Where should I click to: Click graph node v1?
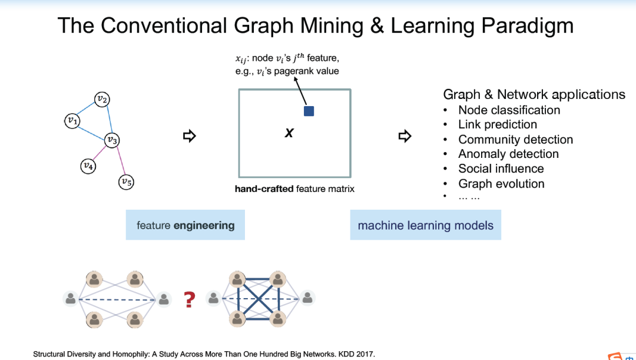[72, 120]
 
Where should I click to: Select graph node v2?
[102, 99]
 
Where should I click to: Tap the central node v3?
[112, 140]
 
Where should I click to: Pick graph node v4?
[88, 166]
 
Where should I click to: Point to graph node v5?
[126, 182]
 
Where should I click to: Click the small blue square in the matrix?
[309, 111]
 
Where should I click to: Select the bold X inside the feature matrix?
[289, 134]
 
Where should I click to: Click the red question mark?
[189, 299]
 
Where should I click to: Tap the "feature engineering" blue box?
[185, 225]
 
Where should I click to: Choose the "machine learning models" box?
[425, 225]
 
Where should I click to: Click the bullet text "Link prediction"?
[498, 124]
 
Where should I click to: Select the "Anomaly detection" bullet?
[508, 154]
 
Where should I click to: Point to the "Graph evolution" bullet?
[501, 184]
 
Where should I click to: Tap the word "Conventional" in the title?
[163, 26]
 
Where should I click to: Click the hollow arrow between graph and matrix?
[189, 136]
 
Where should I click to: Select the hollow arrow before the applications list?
[405, 136]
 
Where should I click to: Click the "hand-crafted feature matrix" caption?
[294, 189]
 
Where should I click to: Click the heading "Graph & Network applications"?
[534, 94]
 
